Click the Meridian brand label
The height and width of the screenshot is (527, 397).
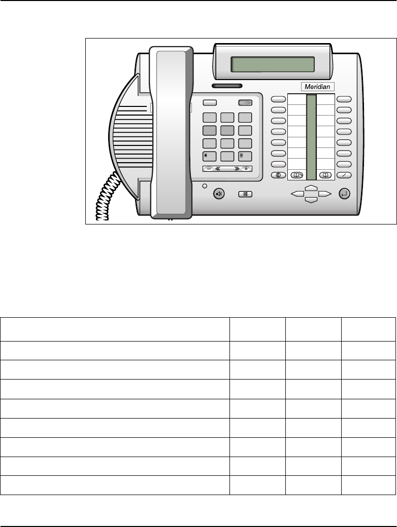pos(317,87)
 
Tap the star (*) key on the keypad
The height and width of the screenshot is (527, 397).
pos(210,156)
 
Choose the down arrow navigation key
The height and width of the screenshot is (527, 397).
pos(311,200)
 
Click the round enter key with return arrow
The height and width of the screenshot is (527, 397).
pos(345,194)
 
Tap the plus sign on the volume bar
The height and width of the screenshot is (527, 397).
pos(246,169)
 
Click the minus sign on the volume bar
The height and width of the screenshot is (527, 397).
pos(209,169)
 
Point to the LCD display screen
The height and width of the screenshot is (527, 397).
pos(272,64)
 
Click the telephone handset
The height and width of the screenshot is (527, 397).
pos(171,132)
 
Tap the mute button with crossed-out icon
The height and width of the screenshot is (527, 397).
pos(246,194)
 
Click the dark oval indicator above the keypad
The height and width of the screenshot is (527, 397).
pos(224,86)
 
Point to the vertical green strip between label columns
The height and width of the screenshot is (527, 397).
pos(311,136)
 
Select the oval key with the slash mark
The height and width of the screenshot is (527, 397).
pos(344,175)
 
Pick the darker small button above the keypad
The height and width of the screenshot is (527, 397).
pos(246,102)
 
